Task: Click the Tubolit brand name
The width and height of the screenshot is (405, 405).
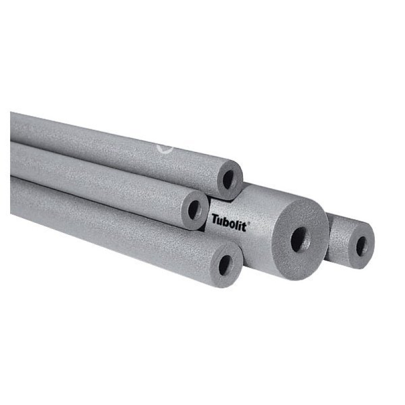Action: [x=229, y=223]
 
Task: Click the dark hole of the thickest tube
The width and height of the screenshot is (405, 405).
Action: [x=300, y=239]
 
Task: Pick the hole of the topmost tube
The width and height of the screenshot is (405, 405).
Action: [x=228, y=179]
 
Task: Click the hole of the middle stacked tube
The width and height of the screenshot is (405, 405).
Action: [x=194, y=209]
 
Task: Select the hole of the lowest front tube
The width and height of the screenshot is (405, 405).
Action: [x=225, y=265]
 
